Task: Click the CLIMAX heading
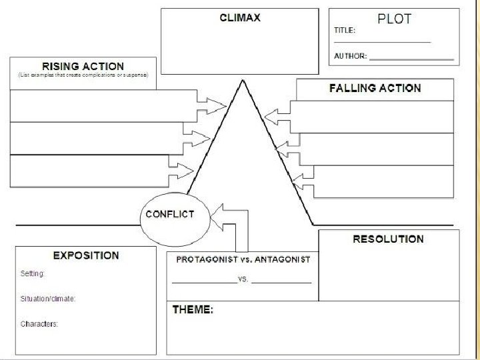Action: tap(240, 18)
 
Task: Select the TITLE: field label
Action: tap(345, 30)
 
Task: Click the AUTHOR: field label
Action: tap(350, 56)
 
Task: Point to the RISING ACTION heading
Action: tap(83, 66)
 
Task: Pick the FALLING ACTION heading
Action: tap(375, 88)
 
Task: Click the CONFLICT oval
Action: tap(170, 214)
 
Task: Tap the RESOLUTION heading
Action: tap(388, 239)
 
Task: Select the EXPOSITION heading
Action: tap(86, 255)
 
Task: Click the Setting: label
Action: tap(33, 273)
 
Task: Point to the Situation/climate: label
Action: tap(48, 299)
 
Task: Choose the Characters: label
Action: tap(39, 324)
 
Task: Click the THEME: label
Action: tap(193, 310)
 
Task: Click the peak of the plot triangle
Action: tap(243, 83)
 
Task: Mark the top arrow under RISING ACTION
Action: tap(212, 105)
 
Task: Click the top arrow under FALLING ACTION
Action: tap(277, 117)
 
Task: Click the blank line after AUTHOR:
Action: tap(411, 59)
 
